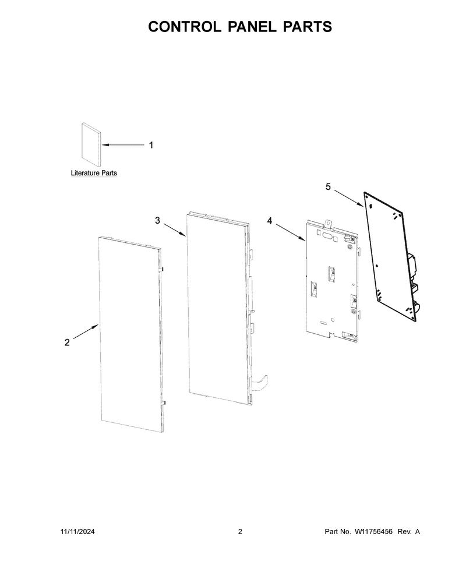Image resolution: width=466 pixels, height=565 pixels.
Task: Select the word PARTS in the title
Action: coord(308,27)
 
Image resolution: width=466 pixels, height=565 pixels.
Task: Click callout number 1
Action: coord(151,145)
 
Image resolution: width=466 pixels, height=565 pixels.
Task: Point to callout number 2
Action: coord(67,342)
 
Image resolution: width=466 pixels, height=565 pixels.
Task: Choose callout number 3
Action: coord(157,220)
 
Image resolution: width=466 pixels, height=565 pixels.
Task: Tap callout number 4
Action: coord(270,221)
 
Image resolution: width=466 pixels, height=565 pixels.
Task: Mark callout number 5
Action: coord(328,186)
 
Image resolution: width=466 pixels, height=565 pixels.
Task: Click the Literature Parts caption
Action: coord(94,174)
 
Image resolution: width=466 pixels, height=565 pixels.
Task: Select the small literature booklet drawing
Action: coord(91,142)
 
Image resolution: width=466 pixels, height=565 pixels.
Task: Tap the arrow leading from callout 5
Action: coord(348,199)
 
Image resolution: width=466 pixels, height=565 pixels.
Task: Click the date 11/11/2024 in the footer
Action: coord(77,531)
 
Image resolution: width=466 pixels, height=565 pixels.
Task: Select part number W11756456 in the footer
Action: coord(373,531)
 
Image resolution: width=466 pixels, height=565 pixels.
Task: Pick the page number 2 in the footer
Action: coord(240,531)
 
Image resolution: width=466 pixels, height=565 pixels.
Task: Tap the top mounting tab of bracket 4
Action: coord(328,224)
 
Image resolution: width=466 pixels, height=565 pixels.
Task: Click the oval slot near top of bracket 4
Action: coord(328,236)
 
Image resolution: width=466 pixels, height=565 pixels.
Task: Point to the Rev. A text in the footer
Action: coord(409,531)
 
